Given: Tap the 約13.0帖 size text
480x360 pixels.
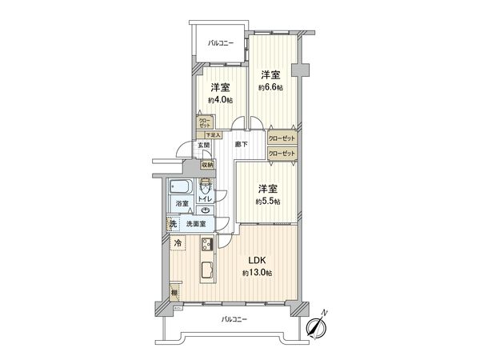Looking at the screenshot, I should [258, 274].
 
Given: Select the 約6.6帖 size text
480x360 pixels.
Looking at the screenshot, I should [270, 87].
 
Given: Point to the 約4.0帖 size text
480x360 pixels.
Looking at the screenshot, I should [220, 100].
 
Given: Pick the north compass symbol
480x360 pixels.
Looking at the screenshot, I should [317, 326].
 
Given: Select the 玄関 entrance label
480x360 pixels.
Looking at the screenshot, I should [206, 145].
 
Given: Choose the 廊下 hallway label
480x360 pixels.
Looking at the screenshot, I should [240, 145].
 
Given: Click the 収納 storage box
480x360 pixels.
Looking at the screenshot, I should [207, 165].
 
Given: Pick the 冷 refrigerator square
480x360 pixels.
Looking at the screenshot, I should [178, 243].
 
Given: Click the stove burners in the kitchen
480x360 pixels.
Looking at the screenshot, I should [205, 245].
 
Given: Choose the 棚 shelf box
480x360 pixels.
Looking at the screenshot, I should [175, 293].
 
